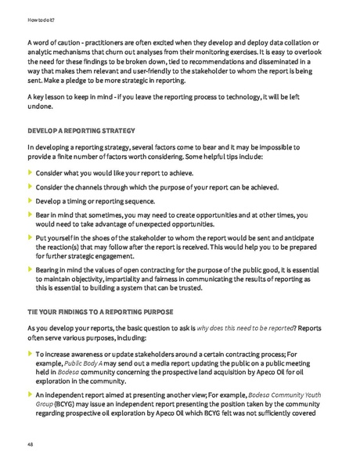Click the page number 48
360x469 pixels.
tap(31, 443)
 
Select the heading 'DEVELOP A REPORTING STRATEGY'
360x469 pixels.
tap(81, 130)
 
